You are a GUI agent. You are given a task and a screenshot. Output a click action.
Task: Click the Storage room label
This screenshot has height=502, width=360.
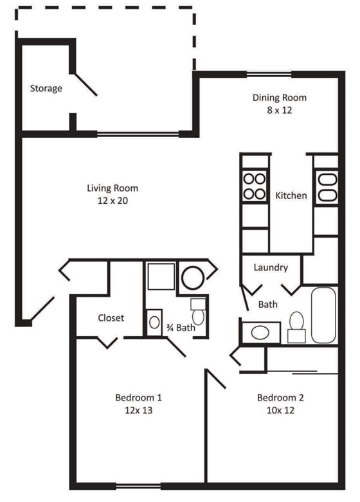pyautogui.click(x=46, y=88)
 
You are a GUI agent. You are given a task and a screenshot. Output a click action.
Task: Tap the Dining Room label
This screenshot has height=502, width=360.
pyautogui.click(x=279, y=98)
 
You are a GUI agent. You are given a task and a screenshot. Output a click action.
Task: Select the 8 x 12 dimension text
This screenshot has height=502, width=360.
pyautogui.click(x=279, y=110)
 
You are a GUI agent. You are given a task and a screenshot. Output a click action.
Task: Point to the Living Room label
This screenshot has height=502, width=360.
pyautogui.click(x=113, y=188)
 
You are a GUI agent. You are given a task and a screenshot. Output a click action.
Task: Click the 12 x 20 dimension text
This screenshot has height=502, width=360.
pyautogui.click(x=113, y=201)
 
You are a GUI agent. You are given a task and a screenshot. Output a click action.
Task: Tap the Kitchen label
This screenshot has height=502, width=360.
pyautogui.click(x=291, y=195)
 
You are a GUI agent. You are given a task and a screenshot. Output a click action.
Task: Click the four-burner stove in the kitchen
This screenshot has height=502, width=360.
pyautogui.click(x=254, y=186)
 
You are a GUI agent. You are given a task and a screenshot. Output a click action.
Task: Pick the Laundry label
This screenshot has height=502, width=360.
pyautogui.click(x=270, y=267)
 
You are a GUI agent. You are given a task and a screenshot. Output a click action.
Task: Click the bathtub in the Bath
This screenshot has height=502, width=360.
pyautogui.click(x=323, y=315)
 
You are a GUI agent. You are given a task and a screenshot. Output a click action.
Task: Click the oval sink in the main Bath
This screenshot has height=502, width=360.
pyautogui.click(x=260, y=332)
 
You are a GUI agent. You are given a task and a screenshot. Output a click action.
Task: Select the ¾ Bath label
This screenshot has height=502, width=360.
pyautogui.click(x=181, y=328)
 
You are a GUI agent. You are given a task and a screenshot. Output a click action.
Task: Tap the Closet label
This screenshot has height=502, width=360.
pyautogui.click(x=111, y=318)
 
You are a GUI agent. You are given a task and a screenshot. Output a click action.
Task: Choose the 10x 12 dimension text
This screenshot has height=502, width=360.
pyautogui.click(x=280, y=410)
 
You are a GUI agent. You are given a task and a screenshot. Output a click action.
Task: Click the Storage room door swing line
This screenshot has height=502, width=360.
pyautogui.click(x=84, y=82)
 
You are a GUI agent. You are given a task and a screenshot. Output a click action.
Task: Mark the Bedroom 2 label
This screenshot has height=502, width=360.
pyautogui.click(x=280, y=397)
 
